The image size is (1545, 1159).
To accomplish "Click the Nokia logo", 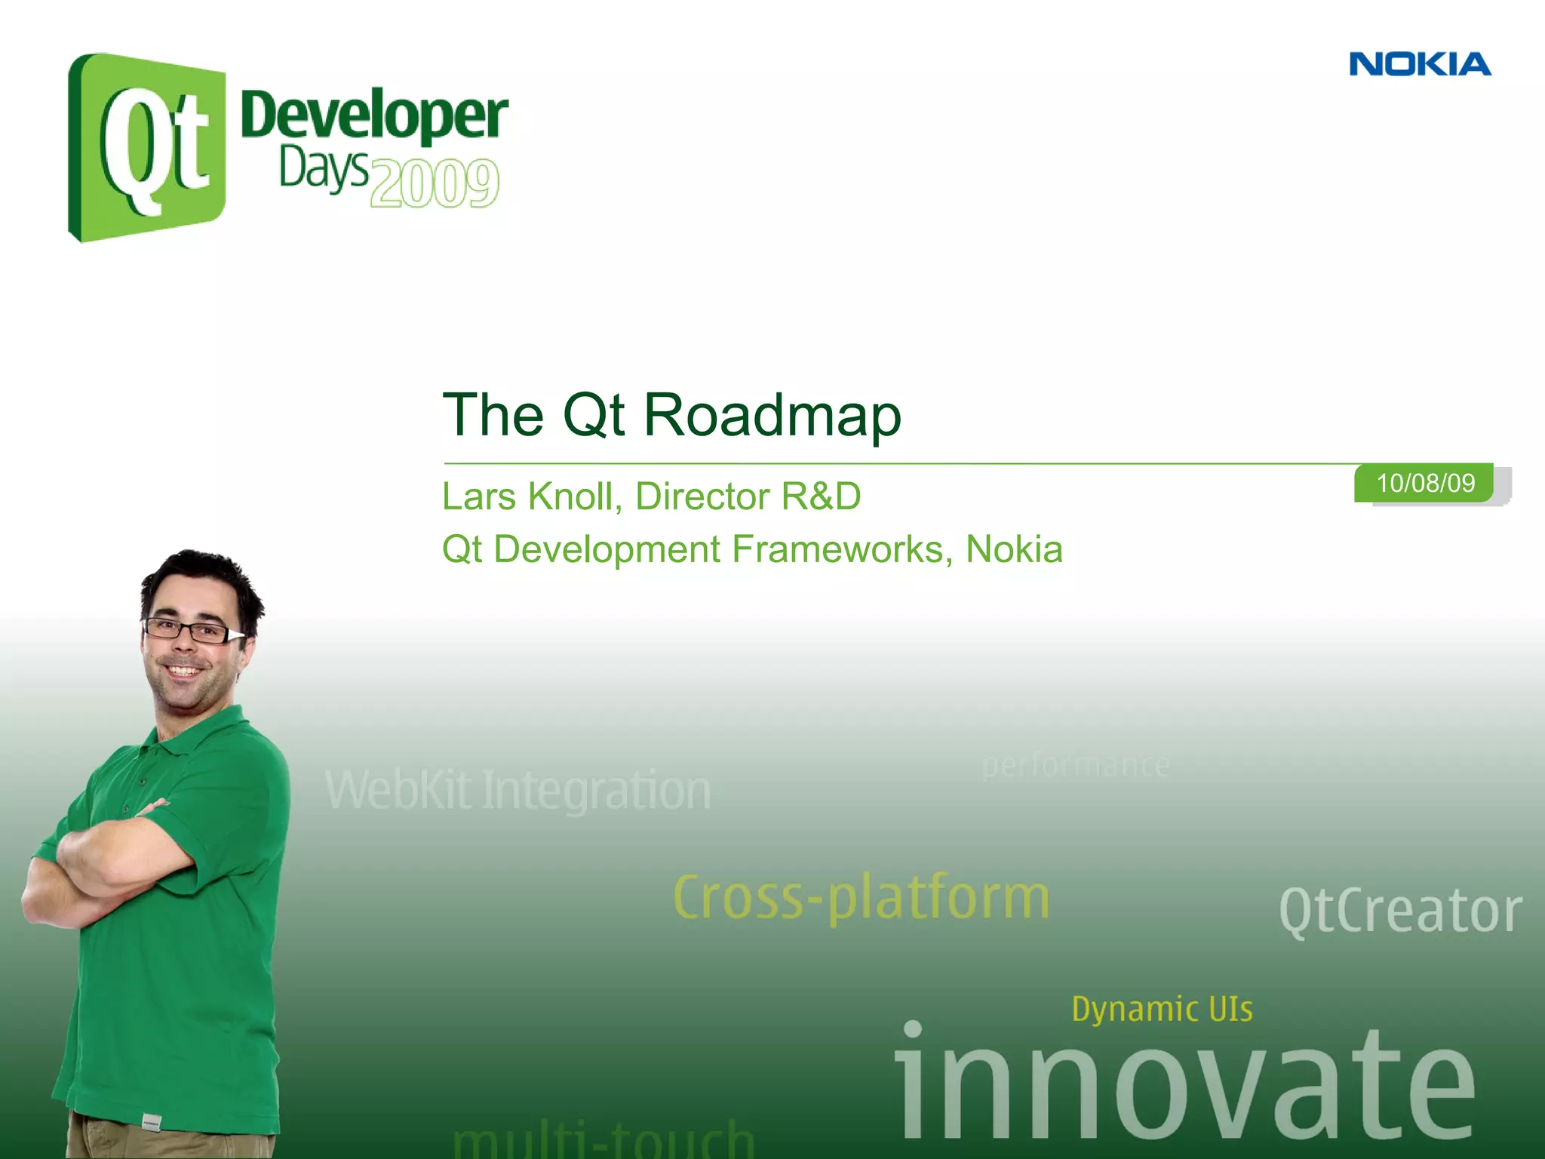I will (x=1420, y=64).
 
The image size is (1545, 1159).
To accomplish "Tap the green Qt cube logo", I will (x=147, y=147).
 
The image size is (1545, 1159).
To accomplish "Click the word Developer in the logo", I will (x=374, y=115).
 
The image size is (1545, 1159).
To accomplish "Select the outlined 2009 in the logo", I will (x=435, y=183).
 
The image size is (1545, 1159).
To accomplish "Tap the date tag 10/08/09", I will (x=1424, y=483).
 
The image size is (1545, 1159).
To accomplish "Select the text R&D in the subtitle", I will (x=821, y=496).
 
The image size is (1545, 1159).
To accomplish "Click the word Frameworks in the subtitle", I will (x=837, y=549).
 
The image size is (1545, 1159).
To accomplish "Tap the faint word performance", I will (x=1075, y=765).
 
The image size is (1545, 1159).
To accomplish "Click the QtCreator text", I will (x=1400, y=912).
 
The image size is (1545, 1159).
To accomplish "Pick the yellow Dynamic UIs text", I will (x=1162, y=1009).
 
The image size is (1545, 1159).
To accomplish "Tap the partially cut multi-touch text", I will (x=604, y=1139).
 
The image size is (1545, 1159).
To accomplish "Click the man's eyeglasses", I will (x=189, y=631).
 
